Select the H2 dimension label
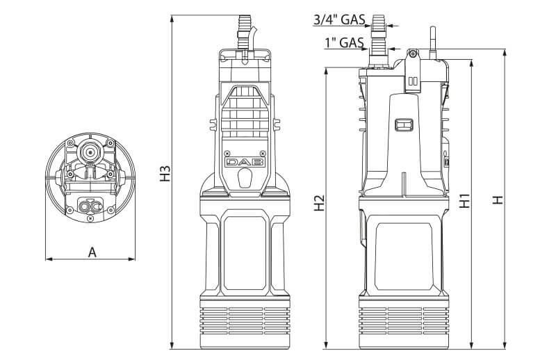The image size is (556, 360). click(319, 202)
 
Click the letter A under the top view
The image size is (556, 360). click(92, 252)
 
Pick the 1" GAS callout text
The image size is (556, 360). click(345, 43)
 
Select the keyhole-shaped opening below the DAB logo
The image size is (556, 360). click(245, 179)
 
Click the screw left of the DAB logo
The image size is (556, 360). click(227, 153)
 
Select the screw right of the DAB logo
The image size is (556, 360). click(261, 153)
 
